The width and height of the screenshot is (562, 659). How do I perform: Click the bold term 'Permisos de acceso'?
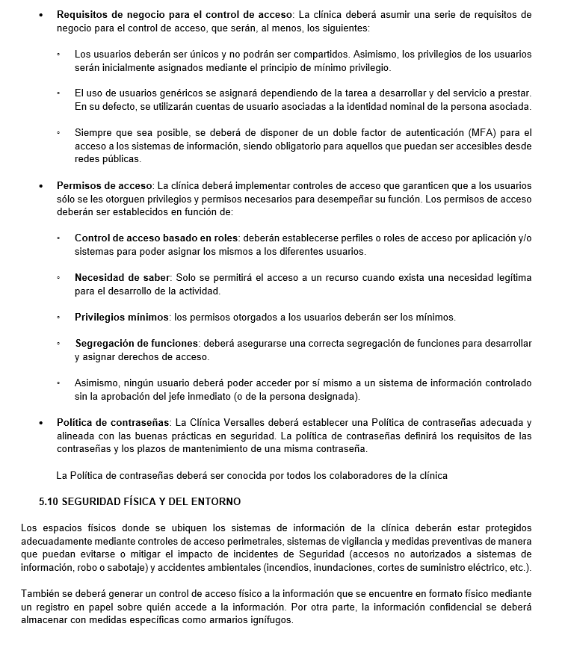pyautogui.click(x=103, y=185)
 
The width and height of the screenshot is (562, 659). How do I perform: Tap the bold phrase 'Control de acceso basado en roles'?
pyautogui.click(x=155, y=238)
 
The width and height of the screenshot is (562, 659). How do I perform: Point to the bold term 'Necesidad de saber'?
pyautogui.click(x=123, y=278)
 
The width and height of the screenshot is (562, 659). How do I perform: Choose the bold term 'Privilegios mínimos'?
pyautogui.click(x=121, y=317)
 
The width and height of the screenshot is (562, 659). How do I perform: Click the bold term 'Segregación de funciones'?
pyautogui.click(x=137, y=344)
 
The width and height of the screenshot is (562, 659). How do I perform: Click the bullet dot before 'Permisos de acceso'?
pyautogui.click(x=41, y=185)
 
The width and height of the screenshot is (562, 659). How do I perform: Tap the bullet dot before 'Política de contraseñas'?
pyautogui.click(x=41, y=423)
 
